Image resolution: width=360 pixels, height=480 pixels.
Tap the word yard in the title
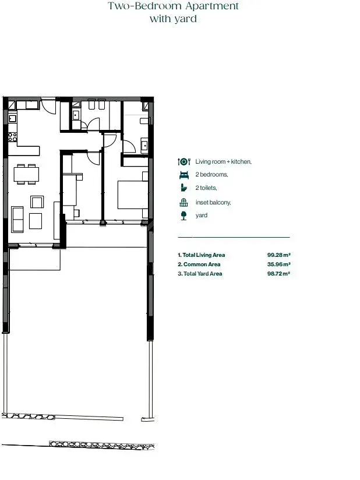pyautogui.click(x=185, y=19)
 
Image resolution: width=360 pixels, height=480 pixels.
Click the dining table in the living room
pyautogui.click(x=26, y=174)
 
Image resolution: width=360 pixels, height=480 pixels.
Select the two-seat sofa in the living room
pyautogui.click(x=17, y=219)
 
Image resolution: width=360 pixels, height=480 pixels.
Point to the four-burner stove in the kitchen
pyautogui.click(x=13, y=137)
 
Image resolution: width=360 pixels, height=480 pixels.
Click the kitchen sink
pyautogui.click(x=13, y=118)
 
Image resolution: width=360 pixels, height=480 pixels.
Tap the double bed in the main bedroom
pyautogui.click(x=133, y=195)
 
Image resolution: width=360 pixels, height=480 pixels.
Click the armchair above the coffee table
pyautogui.click(x=37, y=202)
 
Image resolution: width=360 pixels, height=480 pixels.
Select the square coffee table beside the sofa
pyautogui.click(x=36, y=221)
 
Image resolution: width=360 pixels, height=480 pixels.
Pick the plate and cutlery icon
pyautogui.click(x=184, y=161)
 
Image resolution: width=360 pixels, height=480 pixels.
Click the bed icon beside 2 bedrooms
pyautogui.click(x=183, y=175)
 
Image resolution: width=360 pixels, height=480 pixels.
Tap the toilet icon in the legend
pyautogui.click(x=183, y=188)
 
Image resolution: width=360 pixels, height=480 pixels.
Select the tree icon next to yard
pyautogui.click(x=183, y=216)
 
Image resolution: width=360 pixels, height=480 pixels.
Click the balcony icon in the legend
pyautogui.click(x=183, y=202)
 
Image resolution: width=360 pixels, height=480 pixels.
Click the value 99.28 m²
pyautogui.click(x=278, y=255)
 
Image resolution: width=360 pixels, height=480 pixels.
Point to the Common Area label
pyautogui.click(x=202, y=264)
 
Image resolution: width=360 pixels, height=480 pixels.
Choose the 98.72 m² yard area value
pyautogui.click(x=278, y=274)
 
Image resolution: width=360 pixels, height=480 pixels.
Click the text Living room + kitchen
pyautogui.click(x=224, y=161)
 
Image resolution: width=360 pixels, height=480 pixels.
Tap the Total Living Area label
pyautogui.click(x=203, y=255)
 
